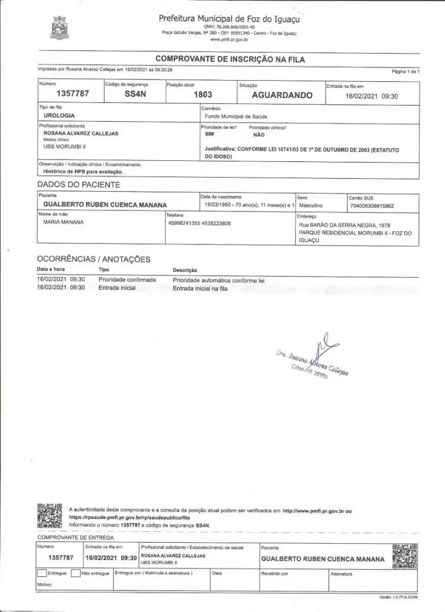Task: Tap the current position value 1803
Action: pos(203,94)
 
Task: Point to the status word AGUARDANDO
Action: pos(282,94)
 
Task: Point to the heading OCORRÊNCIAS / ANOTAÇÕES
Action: pos(94,259)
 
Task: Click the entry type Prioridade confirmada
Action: pos(127,279)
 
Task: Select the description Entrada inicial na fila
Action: pos(200,288)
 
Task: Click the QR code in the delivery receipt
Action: pos(404,556)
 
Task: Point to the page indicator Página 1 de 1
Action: pos(406,71)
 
